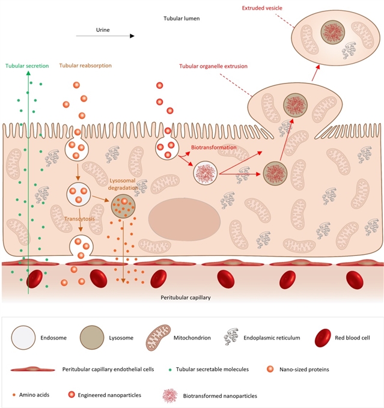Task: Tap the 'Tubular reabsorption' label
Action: (x=85, y=65)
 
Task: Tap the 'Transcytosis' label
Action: (x=80, y=220)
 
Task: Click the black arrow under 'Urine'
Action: (x=105, y=37)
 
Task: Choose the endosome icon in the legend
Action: (x=24, y=338)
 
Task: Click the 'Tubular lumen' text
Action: (x=181, y=19)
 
